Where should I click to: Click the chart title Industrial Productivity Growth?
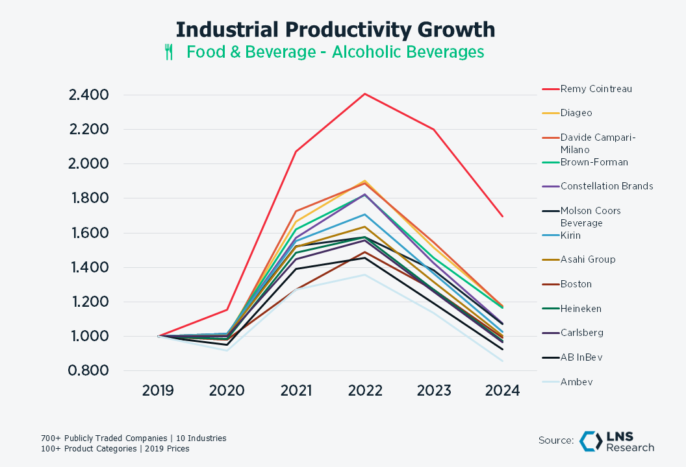(335, 30)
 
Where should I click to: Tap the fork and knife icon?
(169, 53)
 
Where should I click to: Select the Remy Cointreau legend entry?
(596, 89)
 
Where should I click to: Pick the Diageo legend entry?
(576, 113)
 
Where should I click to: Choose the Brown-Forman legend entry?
(594, 162)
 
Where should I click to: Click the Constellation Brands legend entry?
(606, 186)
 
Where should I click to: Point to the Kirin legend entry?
(570, 235)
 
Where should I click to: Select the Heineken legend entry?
(581, 309)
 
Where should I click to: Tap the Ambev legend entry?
(576, 382)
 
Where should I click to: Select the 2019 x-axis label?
(158, 391)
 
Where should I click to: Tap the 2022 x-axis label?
(365, 391)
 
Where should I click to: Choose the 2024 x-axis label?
(503, 391)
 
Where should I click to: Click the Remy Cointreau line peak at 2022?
(365, 94)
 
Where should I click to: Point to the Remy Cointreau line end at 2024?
(503, 216)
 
